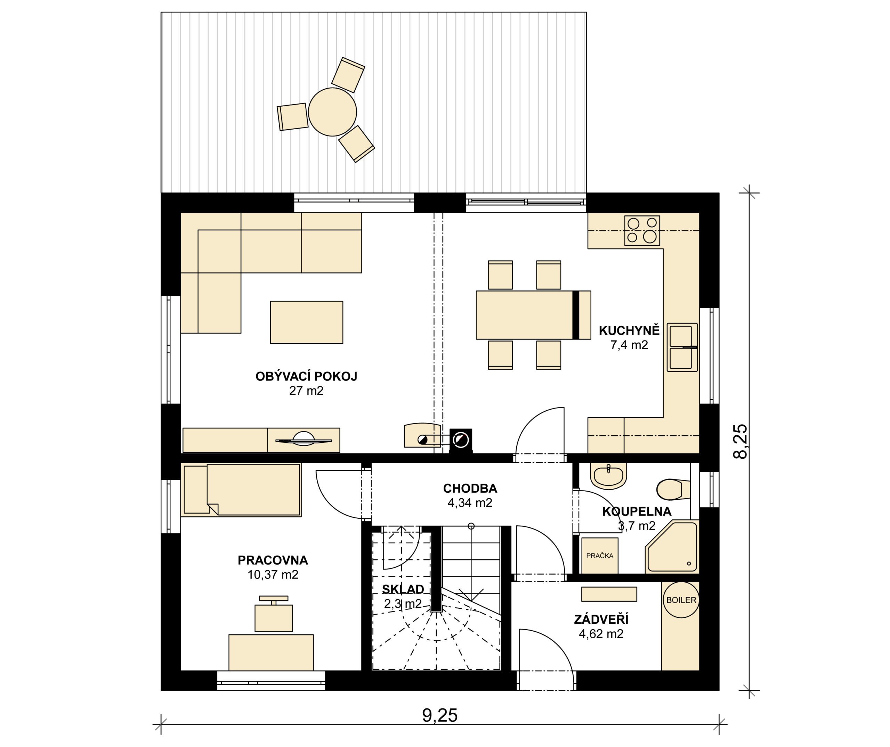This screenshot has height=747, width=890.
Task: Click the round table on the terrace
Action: coord(332,112)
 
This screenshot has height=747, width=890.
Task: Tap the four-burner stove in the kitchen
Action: coord(642,231)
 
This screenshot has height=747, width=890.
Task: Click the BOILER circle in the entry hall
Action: coord(681,600)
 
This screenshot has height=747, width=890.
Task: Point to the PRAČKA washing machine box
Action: coord(600,556)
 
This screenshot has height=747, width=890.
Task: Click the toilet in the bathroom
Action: coord(673,490)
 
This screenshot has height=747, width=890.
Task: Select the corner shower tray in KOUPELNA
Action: coord(671,548)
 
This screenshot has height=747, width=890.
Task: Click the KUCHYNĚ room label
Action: coord(629,331)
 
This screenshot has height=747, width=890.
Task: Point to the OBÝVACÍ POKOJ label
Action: coord(306,376)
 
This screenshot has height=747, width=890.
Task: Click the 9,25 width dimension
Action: coord(440,715)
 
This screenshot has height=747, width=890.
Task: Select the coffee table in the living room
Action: coord(306,322)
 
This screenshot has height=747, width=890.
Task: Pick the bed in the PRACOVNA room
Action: coord(241,490)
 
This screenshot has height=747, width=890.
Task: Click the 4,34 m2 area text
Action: coord(470,503)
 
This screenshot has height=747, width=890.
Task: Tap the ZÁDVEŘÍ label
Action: coord(601,619)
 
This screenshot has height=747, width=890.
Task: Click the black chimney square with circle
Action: coord(461,441)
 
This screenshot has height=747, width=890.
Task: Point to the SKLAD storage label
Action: coord(403,590)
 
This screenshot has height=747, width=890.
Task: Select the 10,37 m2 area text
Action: coord(273,575)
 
